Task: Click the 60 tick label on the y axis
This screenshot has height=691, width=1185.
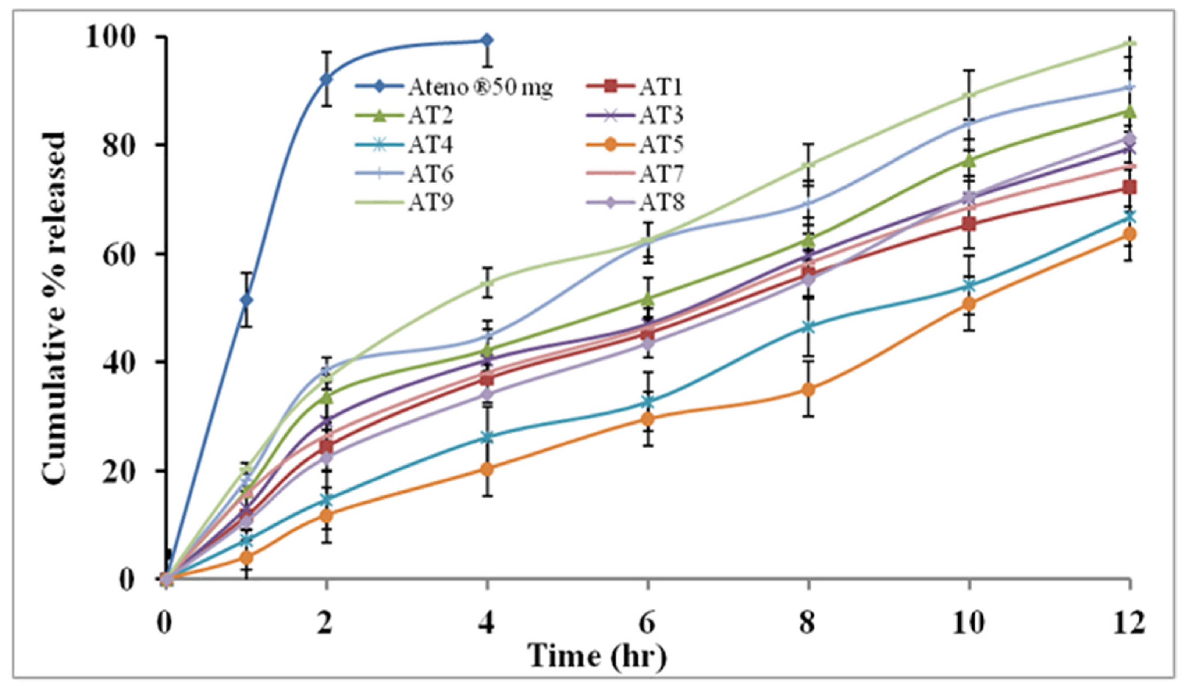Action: click(123, 254)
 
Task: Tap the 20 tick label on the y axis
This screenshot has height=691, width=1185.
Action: click(123, 470)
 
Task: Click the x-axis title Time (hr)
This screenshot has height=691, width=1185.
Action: click(597, 656)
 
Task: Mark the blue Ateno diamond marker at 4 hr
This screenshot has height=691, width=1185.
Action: click(487, 40)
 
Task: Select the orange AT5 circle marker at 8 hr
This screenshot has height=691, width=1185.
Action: click(808, 390)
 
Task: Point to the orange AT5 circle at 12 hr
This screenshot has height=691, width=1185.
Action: click(1129, 234)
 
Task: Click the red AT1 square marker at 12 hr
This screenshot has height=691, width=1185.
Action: click(1129, 187)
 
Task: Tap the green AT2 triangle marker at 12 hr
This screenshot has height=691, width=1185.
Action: click(1129, 112)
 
